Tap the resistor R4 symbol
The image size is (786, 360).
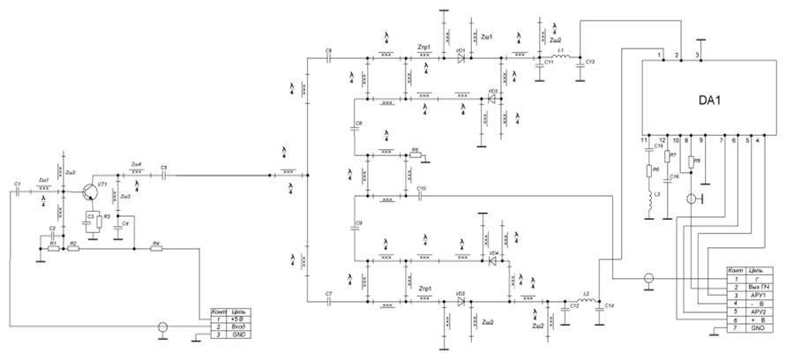click(156, 248)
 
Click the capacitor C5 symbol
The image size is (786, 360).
click(164, 175)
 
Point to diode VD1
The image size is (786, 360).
click(460, 58)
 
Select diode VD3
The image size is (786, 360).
click(483, 99)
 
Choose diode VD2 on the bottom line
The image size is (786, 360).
click(460, 300)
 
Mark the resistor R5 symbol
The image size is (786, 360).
click(415, 156)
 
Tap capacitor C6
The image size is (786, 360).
click(328, 58)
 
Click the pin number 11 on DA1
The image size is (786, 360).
click(646, 139)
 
